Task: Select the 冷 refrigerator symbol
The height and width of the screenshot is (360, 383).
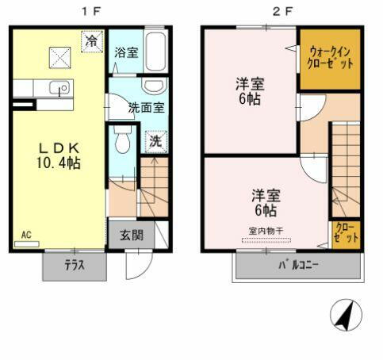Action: click(x=93, y=40)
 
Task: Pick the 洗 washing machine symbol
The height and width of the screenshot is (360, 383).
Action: click(x=155, y=142)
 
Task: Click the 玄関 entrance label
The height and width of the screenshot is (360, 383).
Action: click(x=132, y=236)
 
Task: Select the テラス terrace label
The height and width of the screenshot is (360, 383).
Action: click(x=75, y=266)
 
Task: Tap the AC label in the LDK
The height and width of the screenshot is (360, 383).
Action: click(x=26, y=235)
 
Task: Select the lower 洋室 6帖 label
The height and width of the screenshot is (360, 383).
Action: click(x=264, y=202)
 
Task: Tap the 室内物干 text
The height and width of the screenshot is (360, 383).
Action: click(x=266, y=231)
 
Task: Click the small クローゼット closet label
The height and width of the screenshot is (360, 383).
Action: click(x=347, y=233)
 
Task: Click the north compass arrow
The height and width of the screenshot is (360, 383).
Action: click(x=343, y=318)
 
